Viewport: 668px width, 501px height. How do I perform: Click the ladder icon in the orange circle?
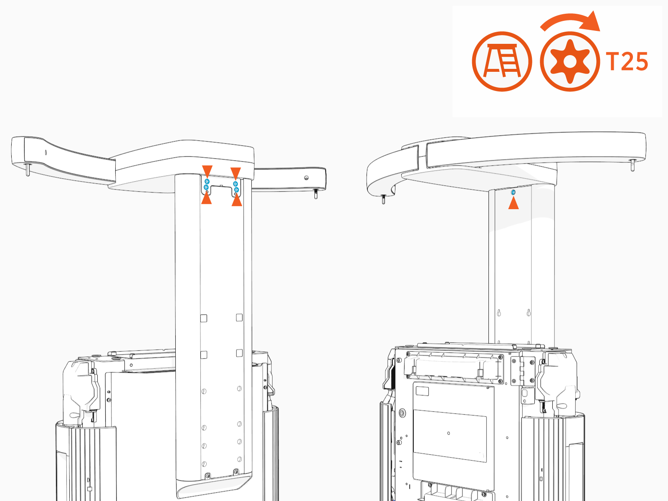502,61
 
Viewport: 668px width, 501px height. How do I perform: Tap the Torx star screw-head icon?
570,61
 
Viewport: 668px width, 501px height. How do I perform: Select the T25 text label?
627,62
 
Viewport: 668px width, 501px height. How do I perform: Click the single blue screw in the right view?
513,192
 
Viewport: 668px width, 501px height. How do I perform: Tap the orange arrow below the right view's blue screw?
514,203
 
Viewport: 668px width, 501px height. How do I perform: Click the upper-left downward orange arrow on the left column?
207,171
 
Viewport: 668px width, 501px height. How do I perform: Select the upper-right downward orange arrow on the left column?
236,173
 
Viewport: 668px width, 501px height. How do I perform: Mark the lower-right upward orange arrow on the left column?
237,201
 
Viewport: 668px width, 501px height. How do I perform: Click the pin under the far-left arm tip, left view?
28,170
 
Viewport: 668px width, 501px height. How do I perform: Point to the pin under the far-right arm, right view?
633,165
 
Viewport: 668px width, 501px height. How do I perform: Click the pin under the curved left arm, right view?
383,199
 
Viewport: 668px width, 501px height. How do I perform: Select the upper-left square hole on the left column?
204,318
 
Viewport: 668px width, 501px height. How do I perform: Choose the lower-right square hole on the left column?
239,353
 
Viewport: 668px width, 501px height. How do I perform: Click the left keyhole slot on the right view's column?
499,313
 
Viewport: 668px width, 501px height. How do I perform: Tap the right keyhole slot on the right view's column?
529,312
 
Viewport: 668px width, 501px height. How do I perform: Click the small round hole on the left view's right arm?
306,178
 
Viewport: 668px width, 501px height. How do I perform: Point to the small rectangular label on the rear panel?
423,391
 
